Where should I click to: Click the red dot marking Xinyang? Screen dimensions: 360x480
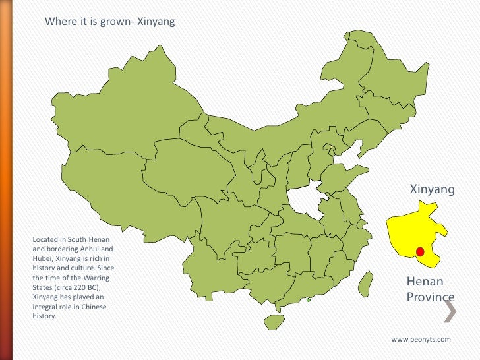[x=420, y=251]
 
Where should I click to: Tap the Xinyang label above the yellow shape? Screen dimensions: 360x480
[x=433, y=190]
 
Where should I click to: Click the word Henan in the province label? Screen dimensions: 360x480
[x=425, y=283]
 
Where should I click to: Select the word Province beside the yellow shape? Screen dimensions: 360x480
[x=431, y=297]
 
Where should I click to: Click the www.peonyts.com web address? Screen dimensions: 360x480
[x=421, y=339]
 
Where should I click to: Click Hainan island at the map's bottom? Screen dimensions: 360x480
[x=274, y=322]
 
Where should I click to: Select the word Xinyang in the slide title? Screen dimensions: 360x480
[x=156, y=22]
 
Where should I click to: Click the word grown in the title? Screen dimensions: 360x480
[x=115, y=22]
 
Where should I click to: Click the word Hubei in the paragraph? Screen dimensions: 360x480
[x=43, y=260]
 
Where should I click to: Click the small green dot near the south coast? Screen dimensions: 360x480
[x=308, y=300]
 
